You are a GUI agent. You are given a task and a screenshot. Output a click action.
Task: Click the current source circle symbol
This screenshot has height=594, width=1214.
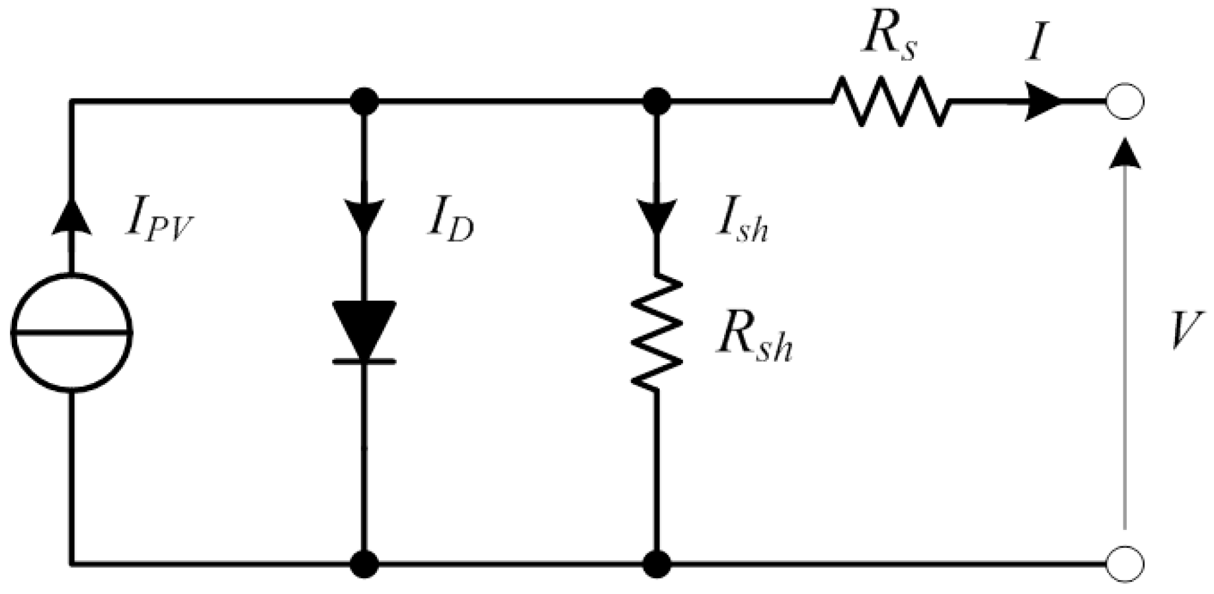71,332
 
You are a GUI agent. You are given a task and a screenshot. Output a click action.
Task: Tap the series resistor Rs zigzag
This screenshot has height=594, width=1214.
889,102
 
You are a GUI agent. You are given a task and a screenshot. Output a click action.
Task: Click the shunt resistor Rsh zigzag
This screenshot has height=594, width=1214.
655,331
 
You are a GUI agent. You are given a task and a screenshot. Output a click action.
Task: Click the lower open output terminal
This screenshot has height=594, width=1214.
1125,564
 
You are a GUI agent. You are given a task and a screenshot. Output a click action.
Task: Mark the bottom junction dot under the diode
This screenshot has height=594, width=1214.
364,564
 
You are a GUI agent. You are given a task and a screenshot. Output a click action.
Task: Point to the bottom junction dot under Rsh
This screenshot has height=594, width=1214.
657,564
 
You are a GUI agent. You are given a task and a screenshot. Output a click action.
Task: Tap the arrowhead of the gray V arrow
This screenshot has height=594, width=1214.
1124,153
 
